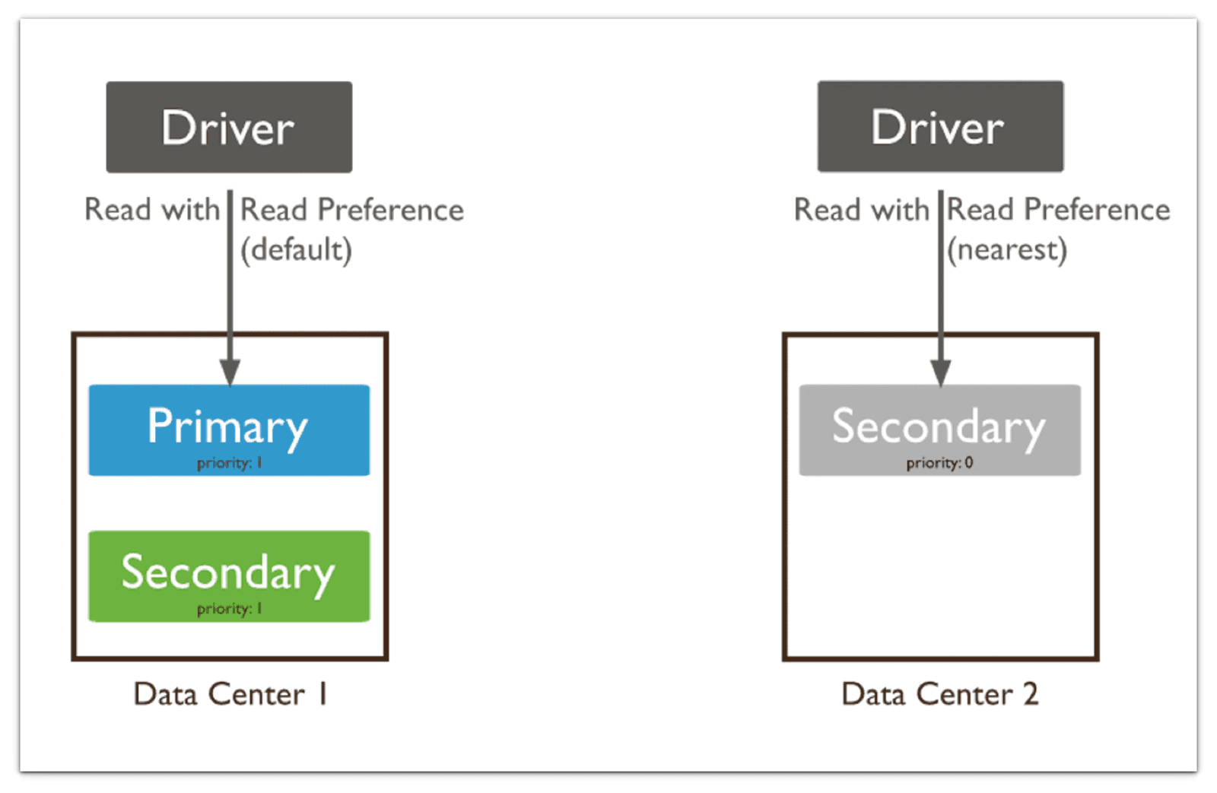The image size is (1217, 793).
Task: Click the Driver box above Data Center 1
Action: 229,127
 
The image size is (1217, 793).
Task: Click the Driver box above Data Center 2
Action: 940,126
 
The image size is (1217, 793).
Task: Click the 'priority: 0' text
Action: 939,463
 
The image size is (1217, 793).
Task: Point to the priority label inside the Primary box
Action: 229,463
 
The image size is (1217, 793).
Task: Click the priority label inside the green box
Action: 229,609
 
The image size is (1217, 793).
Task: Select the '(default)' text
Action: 296,249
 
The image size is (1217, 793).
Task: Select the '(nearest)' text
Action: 1007,249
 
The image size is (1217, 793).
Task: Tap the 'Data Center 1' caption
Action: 230,694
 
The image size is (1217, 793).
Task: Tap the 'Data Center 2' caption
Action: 939,694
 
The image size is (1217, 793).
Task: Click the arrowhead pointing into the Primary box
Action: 230,373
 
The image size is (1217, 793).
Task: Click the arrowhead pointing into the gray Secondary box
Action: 941,373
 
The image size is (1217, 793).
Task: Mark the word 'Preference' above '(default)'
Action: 390,210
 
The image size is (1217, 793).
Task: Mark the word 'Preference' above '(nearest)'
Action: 1097,209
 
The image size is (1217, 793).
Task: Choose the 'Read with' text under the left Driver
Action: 151,210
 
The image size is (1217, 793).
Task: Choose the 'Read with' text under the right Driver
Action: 861,210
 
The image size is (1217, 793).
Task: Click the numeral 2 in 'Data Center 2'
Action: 1031,694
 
